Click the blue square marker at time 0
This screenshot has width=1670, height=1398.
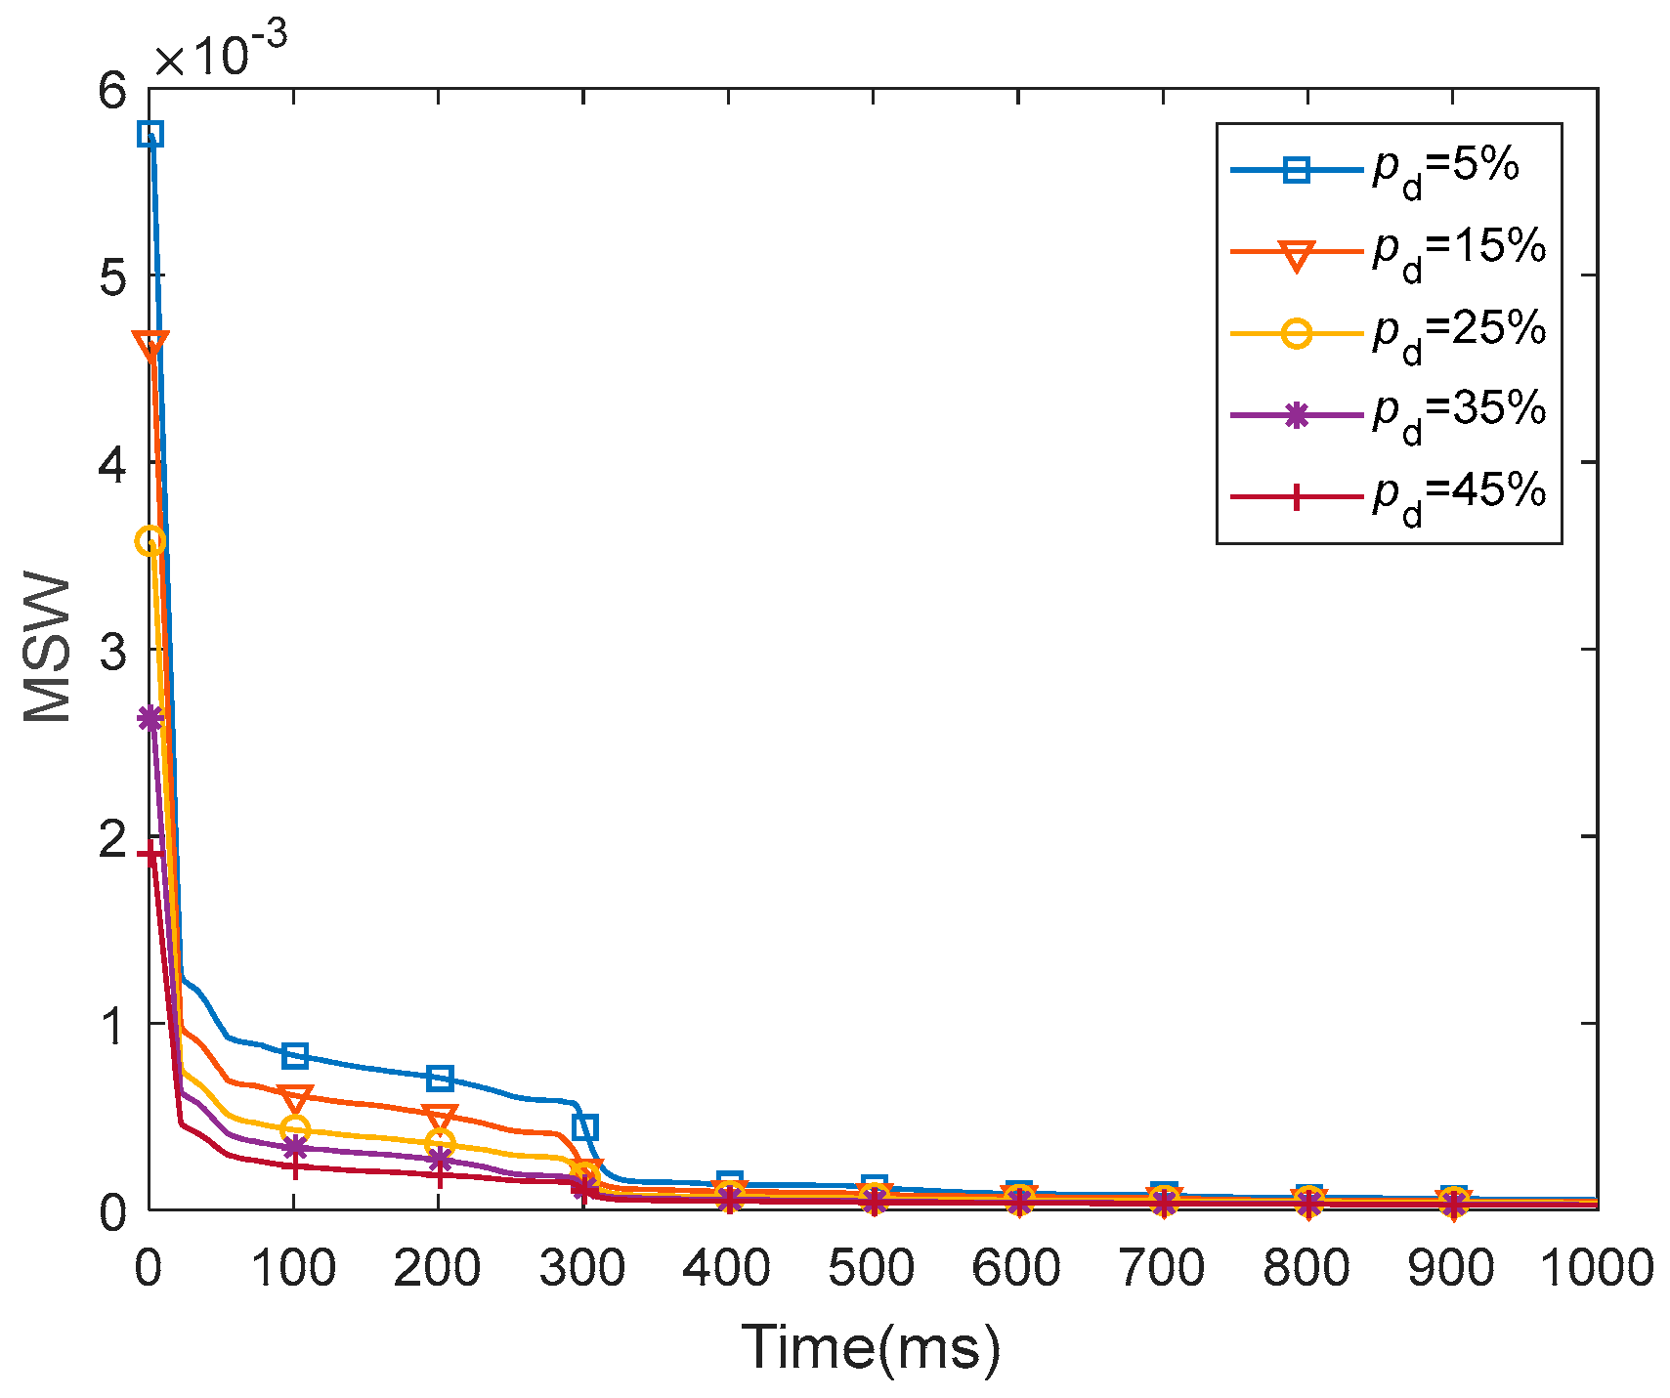[x=150, y=134]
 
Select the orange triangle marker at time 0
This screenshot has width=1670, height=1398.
[x=151, y=344]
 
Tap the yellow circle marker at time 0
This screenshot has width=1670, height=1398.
[x=150, y=541]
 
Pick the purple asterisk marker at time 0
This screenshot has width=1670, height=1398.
[x=150, y=718]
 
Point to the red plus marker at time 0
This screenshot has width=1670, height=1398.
[x=150, y=855]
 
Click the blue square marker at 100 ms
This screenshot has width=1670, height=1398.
[x=294, y=1055]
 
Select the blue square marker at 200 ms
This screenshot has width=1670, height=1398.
[x=440, y=1078]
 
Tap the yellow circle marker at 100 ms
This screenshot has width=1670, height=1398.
[x=294, y=1129]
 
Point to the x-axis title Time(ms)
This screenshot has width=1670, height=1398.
[x=871, y=1347]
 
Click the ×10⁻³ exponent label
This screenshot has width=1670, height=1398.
[x=220, y=55]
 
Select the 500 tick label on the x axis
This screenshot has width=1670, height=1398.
[x=871, y=1268]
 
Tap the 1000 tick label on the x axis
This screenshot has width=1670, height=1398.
[x=1596, y=1268]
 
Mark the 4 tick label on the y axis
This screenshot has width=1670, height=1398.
[x=112, y=463]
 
